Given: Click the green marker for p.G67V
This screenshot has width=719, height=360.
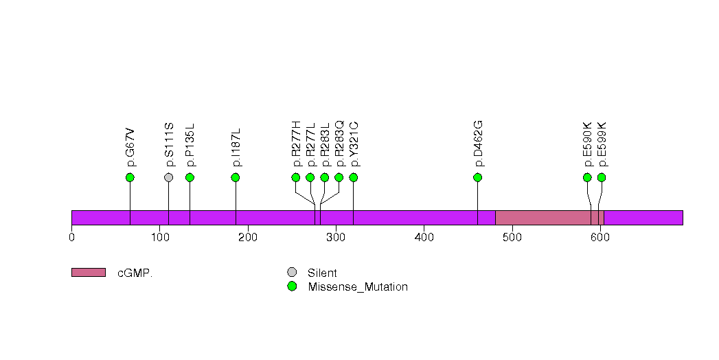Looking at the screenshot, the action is [x=130, y=177].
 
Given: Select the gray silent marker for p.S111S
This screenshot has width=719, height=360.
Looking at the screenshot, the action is [x=169, y=177].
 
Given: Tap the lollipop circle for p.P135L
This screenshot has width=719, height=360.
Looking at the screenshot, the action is [x=190, y=177].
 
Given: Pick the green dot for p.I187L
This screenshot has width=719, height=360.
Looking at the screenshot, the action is [x=236, y=177].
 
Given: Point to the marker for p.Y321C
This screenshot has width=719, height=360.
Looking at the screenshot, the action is [x=354, y=177].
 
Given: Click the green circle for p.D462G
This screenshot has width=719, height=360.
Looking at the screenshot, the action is [x=478, y=177].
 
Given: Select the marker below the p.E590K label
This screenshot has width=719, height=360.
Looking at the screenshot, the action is [x=587, y=177].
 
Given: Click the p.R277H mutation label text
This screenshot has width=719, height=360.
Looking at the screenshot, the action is [x=296, y=144].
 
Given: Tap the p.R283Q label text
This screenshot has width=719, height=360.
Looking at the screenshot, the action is [x=339, y=144].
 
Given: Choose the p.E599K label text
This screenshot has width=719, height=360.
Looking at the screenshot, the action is [x=602, y=144].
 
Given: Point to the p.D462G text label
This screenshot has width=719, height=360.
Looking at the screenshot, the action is [x=478, y=144].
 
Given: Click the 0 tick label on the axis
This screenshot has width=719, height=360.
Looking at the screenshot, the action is [x=71, y=237].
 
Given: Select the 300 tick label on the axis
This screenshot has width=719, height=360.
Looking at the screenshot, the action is [x=336, y=237].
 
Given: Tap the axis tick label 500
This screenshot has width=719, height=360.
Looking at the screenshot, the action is [x=512, y=237].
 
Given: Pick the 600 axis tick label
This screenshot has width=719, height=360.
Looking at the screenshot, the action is [x=600, y=237].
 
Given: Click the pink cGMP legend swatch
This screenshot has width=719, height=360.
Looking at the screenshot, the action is [x=89, y=273].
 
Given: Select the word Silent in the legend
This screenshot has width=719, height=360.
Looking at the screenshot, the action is [x=322, y=273].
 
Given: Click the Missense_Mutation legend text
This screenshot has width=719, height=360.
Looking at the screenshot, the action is [x=358, y=286].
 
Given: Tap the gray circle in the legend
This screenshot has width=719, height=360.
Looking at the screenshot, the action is [x=292, y=273].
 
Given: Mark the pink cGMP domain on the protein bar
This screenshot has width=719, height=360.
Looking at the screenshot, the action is [x=550, y=218].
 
